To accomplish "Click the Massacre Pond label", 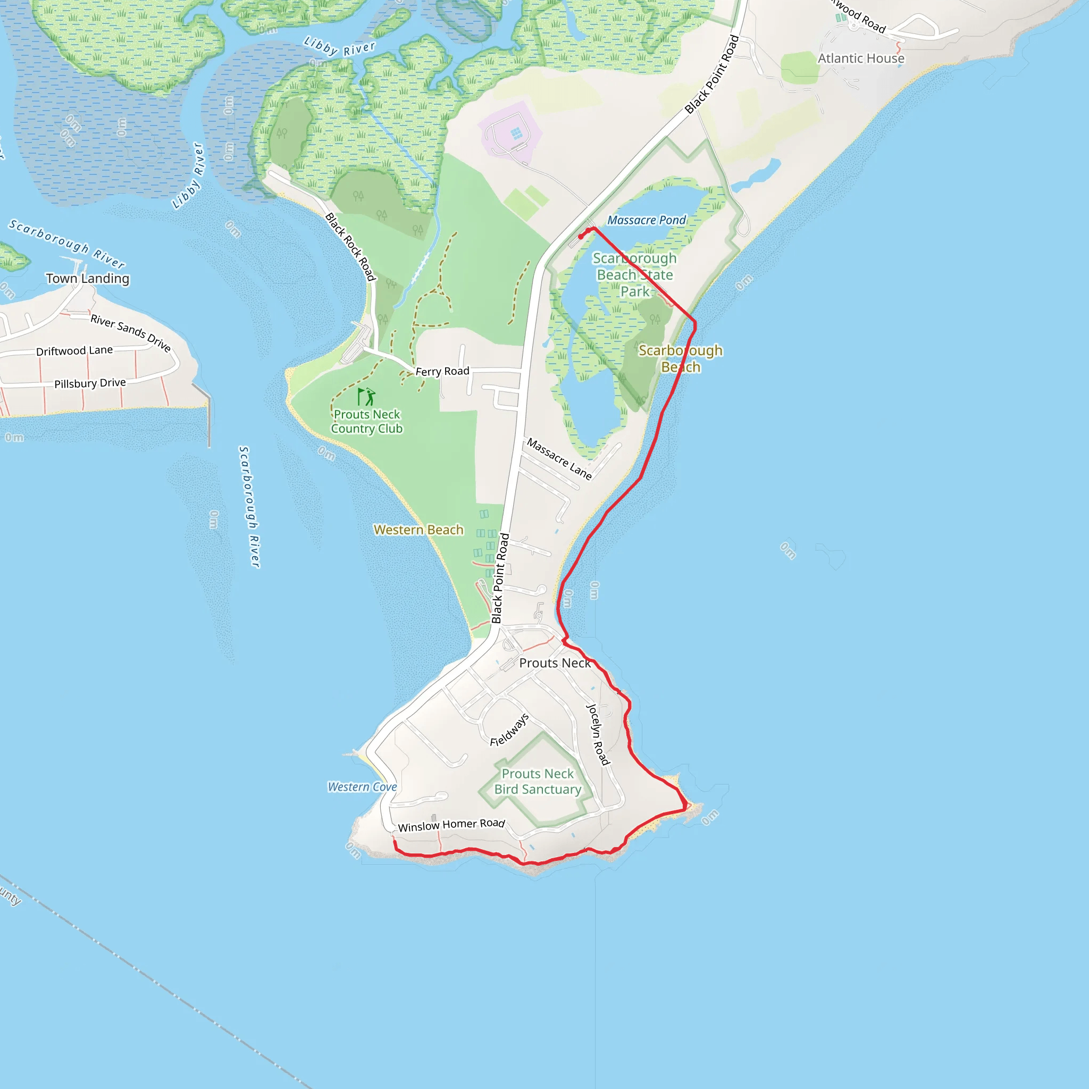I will pyautogui.click(x=647, y=220).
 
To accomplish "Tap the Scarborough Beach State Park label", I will pyautogui.click(x=635, y=275).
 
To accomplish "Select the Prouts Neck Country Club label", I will pyautogui.click(x=367, y=422).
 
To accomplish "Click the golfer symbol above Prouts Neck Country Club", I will pyautogui.click(x=367, y=397).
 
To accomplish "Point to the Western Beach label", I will pyautogui.click(x=418, y=530).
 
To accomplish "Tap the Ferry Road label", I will pyautogui.click(x=442, y=371).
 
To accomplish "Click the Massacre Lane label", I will pyautogui.click(x=559, y=459).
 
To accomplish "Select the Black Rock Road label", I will pyautogui.click(x=350, y=247).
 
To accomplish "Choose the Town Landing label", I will pyautogui.click(x=88, y=279).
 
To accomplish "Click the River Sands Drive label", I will pyautogui.click(x=131, y=333).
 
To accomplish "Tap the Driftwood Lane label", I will pyautogui.click(x=74, y=350).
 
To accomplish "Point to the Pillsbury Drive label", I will pyautogui.click(x=90, y=383).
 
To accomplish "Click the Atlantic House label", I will pyautogui.click(x=861, y=58).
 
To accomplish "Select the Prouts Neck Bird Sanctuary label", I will pyautogui.click(x=538, y=781).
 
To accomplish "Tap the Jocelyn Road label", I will pyautogui.click(x=598, y=734).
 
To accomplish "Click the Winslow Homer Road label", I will pyautogui.click(x=451, y=825).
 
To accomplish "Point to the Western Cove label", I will pyautogui.click(x=363, y=787).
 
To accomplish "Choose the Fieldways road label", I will pyautogui.click(x=509, y=730).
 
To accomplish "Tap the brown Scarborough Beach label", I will pyautogui.click(x=680, y=358).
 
